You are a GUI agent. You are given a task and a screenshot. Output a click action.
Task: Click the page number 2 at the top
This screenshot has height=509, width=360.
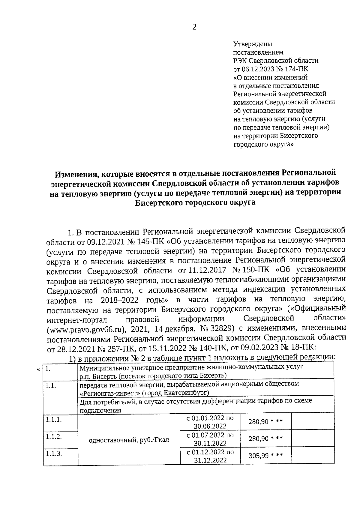194,27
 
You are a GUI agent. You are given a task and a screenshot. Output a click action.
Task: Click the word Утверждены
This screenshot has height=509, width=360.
253,44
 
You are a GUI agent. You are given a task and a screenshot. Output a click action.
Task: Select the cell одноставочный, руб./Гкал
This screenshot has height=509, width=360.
129,440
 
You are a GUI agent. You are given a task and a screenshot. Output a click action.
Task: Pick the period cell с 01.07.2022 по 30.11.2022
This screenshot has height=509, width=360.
210,439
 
